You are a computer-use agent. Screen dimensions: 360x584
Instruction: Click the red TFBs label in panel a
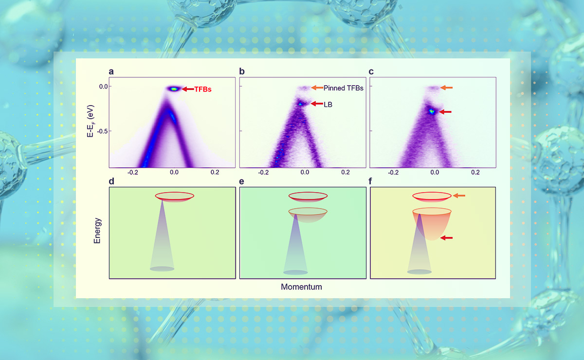point(203,90)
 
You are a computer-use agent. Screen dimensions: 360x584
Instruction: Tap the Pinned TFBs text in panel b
point(344,88)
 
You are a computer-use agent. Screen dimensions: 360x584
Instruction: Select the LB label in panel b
point(328,104)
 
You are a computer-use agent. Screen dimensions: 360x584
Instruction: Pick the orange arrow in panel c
point(446,88)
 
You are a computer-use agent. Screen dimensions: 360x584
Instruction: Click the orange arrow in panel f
point(459,196)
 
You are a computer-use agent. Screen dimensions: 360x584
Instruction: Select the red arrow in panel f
point(446,238)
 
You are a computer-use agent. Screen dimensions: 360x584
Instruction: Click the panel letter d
point(111,181)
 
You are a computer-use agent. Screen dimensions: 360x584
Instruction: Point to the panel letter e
point(242,181)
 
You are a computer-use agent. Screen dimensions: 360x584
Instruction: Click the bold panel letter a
point(111,72)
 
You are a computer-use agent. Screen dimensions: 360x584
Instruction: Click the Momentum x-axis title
point(301,287)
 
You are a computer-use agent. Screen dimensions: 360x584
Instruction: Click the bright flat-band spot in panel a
point(174,89)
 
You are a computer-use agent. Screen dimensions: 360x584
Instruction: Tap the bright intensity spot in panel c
point(432,111)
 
